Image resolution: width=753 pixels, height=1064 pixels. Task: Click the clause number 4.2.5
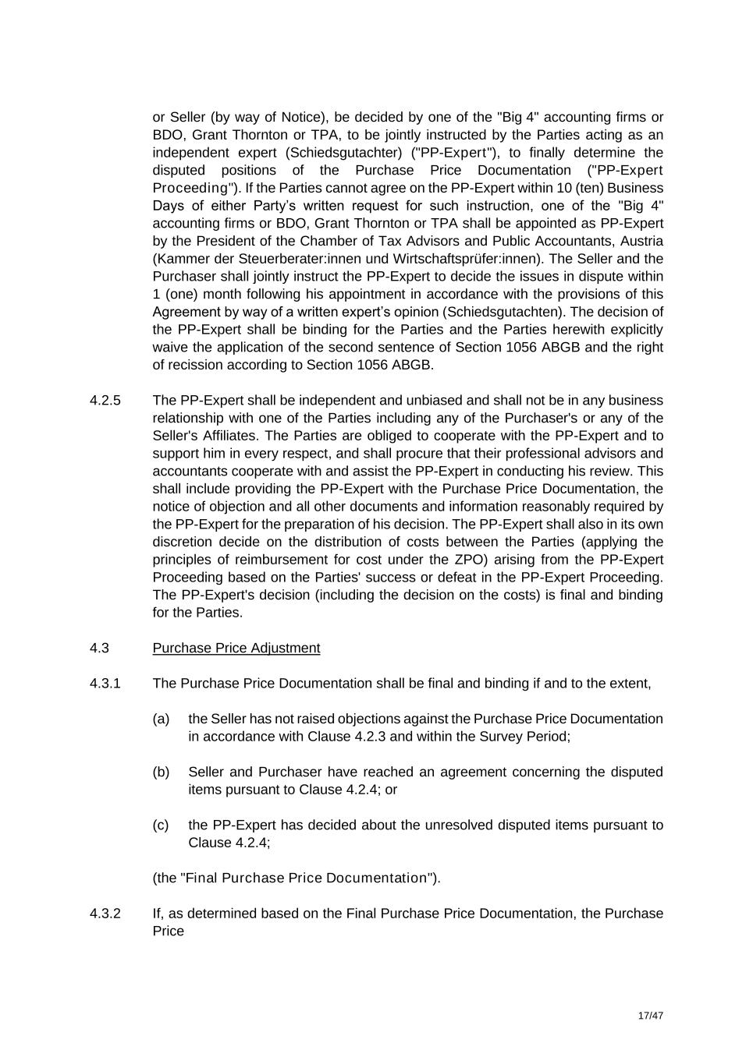(105, 401)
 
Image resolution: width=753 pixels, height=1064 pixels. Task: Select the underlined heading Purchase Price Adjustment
(236, 649)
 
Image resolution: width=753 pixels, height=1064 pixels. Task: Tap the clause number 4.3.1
(105, 684)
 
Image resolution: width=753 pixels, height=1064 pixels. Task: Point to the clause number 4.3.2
(105, 914)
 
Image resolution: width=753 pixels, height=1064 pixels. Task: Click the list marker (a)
(161, 719)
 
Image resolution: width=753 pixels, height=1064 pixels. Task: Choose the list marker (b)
(161, 772)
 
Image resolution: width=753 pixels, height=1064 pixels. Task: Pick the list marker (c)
(161, 825)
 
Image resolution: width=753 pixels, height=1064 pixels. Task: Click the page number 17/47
(650, 1016)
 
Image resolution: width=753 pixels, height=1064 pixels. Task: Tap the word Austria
(641, 241)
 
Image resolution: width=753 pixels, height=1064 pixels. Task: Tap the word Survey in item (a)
(502, 737)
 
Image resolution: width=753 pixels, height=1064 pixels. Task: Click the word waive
(170, 348)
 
